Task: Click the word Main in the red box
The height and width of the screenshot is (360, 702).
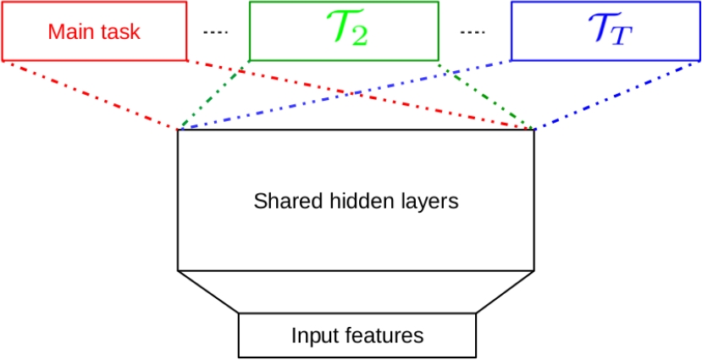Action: point(69,31)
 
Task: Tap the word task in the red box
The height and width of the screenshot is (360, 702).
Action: point(118,31)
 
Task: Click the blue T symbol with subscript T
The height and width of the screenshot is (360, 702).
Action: point(609,30)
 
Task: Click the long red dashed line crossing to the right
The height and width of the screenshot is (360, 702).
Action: point(356,94)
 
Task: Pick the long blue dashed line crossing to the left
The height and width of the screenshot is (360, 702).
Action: point(347,95)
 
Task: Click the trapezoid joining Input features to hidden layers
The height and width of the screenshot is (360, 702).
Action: point(356,292)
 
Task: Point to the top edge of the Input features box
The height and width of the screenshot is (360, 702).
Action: point(357,313)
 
